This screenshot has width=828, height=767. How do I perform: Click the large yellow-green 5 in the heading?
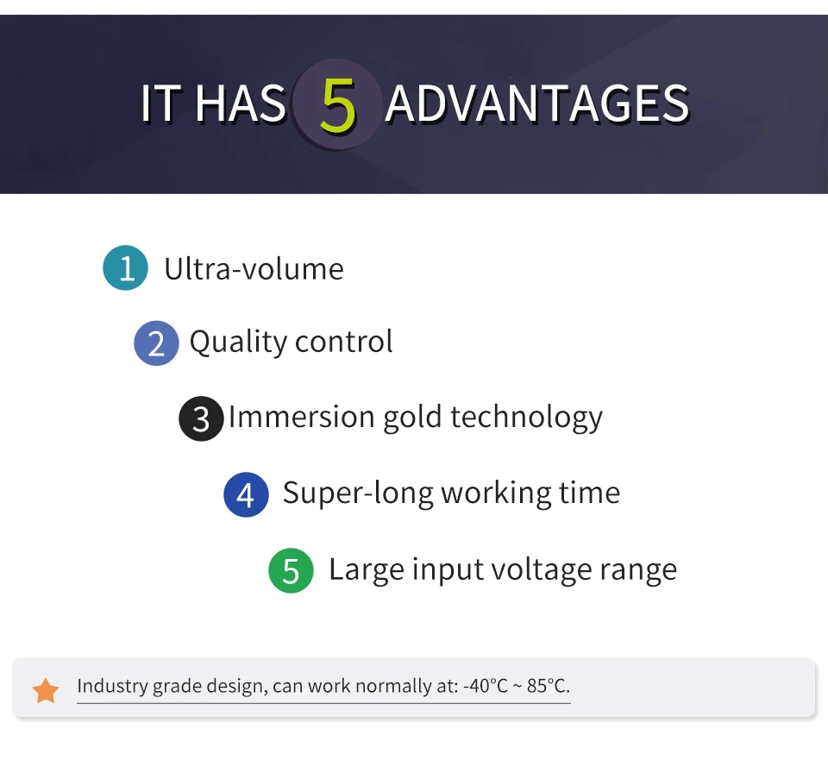(337, 104)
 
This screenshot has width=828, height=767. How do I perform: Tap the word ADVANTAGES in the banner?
(537, 103)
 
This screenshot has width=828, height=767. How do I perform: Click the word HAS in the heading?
(241, 103)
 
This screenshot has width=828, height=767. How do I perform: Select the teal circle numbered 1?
(125, 267)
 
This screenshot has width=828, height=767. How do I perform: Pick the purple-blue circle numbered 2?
(156, 343)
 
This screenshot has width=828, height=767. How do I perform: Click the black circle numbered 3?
(201, 419)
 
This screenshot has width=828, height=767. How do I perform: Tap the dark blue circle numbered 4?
(246, 494)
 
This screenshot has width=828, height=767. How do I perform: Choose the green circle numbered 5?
(291, 570)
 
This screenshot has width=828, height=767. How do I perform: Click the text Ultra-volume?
(254, 269)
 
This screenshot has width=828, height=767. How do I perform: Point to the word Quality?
(238, 343)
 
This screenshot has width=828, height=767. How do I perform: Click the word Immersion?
(302, 416)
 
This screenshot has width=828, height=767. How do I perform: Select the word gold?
(412, 418)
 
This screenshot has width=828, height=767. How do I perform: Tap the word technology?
(526, 418)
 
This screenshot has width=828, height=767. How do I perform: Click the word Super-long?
(357, 494)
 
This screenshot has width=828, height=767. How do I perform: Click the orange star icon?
(46, 691)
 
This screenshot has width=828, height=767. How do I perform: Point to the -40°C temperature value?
(486, 686)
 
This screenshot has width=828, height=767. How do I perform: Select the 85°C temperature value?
(549, 686)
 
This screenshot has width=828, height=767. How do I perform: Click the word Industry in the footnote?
(112, 686)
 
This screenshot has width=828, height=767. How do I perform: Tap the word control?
(344, 342)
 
